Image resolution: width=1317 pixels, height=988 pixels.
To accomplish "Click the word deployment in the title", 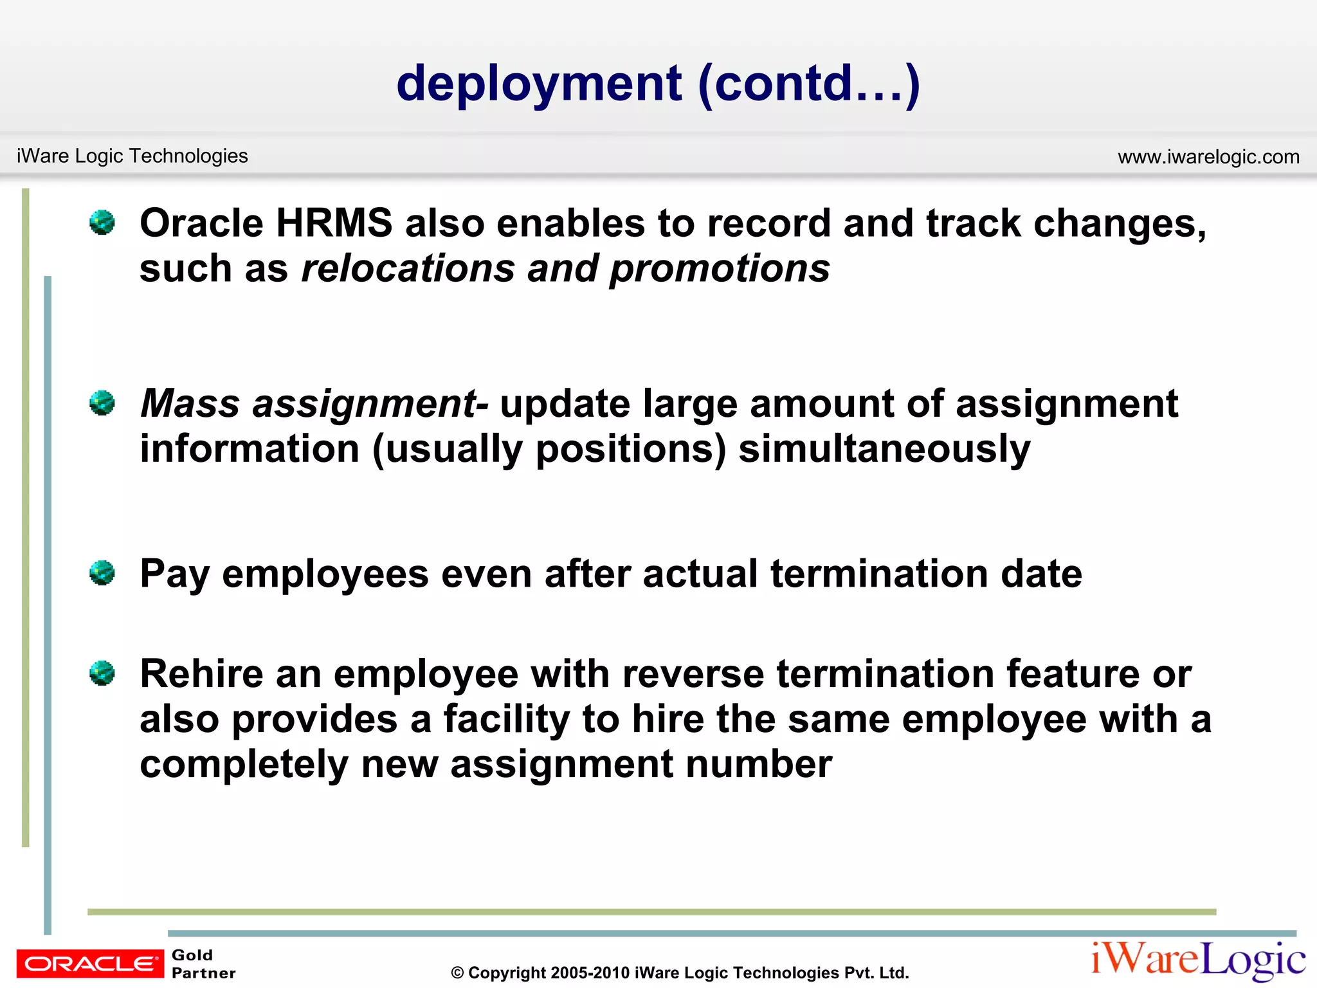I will [x=539, y=84].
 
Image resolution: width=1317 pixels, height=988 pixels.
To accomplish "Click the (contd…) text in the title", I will [x=809, y=84].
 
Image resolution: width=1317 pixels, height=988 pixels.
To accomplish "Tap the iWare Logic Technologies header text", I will [x=132, y=156].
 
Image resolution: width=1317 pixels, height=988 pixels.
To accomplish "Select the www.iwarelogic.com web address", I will [x=1208, y=157].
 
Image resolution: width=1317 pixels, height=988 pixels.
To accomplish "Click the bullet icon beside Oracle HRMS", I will [x=102, y=223].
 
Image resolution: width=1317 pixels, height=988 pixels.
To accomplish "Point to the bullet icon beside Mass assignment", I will [x=102, y=403].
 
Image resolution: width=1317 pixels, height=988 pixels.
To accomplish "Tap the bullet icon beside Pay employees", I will [x=102, y=572].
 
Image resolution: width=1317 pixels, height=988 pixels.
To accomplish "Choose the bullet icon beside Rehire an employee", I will [x=102, y=673].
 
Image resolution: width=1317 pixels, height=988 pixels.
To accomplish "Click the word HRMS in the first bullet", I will [x=334, y=224].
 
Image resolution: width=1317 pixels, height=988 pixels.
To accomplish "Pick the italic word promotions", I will [x=720, y=270].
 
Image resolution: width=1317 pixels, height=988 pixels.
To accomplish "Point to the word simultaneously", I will [x=884, y=450].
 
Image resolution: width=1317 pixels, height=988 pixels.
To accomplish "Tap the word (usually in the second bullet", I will [x=448, y=450].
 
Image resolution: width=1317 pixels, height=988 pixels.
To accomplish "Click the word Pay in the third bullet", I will [x=174, y=574].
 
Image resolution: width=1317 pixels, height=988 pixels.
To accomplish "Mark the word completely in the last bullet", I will [x=244, y=765].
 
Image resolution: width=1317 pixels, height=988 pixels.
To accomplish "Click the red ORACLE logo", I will [x=90, y=964].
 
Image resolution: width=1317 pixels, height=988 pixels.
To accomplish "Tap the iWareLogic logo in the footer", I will [x=1198, y=960].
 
